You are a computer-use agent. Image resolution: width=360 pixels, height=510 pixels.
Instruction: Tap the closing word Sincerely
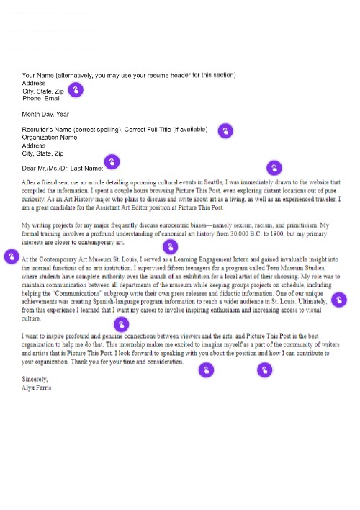coord(35,379)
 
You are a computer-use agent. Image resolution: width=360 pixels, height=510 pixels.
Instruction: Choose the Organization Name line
coord(50,138)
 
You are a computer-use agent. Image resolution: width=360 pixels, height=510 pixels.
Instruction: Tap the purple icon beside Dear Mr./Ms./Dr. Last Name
coord(112,161)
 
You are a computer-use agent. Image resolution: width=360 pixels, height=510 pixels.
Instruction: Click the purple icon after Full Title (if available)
coord(225,130)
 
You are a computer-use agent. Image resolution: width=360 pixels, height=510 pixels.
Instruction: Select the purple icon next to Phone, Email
coord(76,90)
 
